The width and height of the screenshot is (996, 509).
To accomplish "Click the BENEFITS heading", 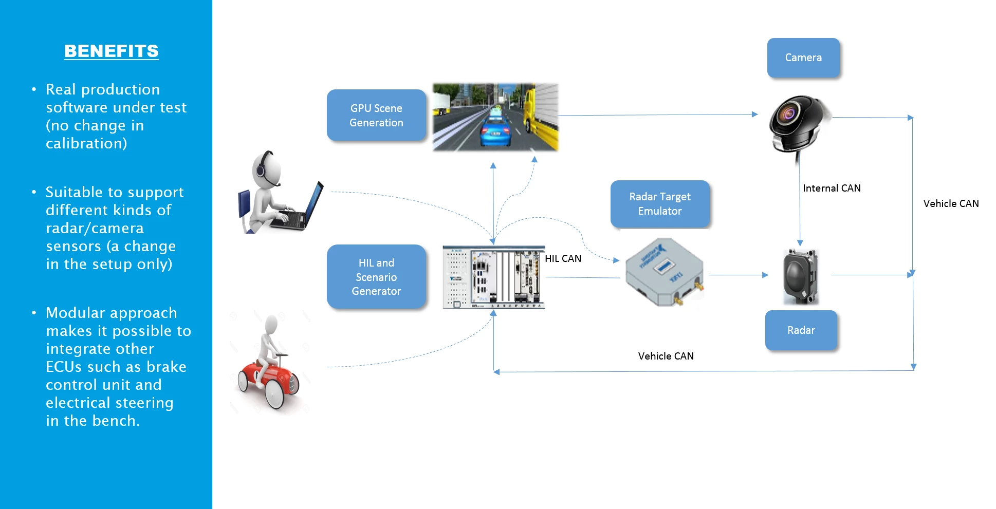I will pos(112,51).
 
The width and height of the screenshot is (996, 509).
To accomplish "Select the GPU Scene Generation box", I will pos(376,116).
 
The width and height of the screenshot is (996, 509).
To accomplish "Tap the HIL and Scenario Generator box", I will pos(376,277).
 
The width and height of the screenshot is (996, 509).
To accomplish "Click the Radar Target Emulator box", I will pos(660,204).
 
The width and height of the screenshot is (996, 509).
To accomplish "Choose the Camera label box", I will pos(803,58).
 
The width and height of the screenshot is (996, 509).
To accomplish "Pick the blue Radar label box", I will pos(801,330).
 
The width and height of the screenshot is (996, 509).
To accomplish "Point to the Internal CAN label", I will pos(832,188).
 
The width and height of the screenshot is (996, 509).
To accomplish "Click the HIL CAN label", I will pos(563,259).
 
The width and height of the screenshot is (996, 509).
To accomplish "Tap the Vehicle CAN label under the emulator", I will pos(666,356).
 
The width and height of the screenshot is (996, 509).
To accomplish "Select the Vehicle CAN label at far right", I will pos(951,204).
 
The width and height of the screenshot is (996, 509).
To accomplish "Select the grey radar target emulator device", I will pos(664,272).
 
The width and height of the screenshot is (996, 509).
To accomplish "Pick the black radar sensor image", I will pos(800,276).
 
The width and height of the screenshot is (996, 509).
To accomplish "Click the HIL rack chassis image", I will pos(493,277).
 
